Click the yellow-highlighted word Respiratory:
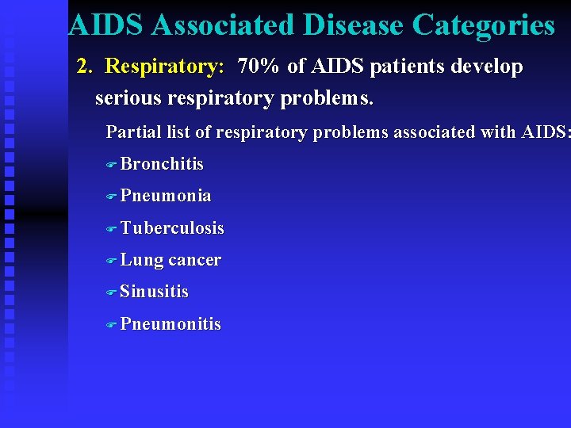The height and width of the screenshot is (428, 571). (x=165, y=67)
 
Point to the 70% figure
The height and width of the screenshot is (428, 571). (x=259, y=67)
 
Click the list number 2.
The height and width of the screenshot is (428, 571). (x=83, y=67)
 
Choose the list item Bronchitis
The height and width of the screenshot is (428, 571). (x=162, y=164)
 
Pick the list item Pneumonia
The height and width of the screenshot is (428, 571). (x=166, y=196)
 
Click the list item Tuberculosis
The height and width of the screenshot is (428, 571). (x=172, y=228)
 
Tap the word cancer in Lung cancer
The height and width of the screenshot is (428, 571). (x=195, y=260)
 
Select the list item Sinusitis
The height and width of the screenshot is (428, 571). (x=155, y=292)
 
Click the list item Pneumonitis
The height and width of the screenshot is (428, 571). (x=171, y=324)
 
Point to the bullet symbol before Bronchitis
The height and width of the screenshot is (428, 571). (x=111, y=165)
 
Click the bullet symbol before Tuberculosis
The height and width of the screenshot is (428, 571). (x=111, y=229)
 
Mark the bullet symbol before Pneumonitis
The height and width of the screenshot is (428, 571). (x=111, y=325)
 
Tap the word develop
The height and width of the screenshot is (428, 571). (x=487, y=67)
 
